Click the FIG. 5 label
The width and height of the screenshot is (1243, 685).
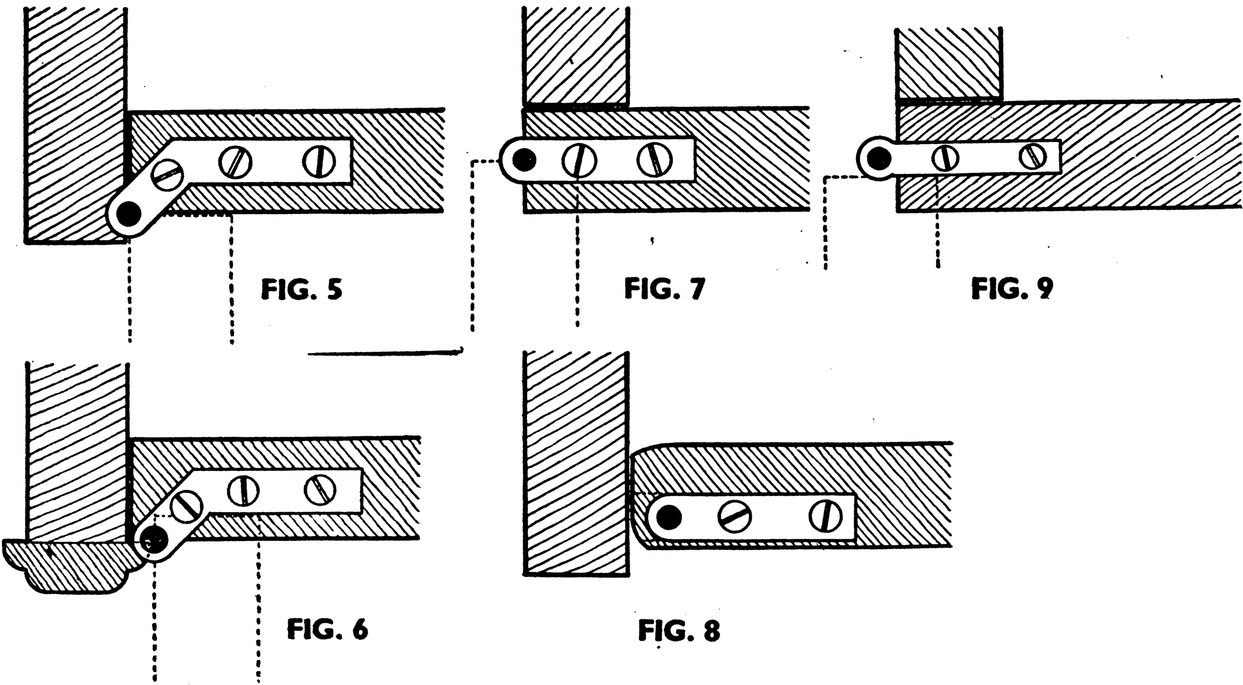point(302,290)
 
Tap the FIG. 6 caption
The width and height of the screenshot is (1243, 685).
point(328,630)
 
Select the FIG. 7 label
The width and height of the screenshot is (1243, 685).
point(664,290)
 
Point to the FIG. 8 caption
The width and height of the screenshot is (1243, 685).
point(679,631)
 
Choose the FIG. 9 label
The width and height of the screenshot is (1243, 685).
point(1012,290)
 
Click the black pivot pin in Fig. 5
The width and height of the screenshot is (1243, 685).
point(130,213)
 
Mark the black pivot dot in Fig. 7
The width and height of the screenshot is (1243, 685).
point(524,159)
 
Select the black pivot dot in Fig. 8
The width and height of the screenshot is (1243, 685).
point(669,517)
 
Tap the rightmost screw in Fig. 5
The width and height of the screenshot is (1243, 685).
point(319,161)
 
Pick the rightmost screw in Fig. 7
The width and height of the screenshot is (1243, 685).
point(655,160)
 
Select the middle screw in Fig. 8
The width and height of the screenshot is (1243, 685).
point(734,516)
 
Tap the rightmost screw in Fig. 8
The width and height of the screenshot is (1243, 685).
point(825,515)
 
